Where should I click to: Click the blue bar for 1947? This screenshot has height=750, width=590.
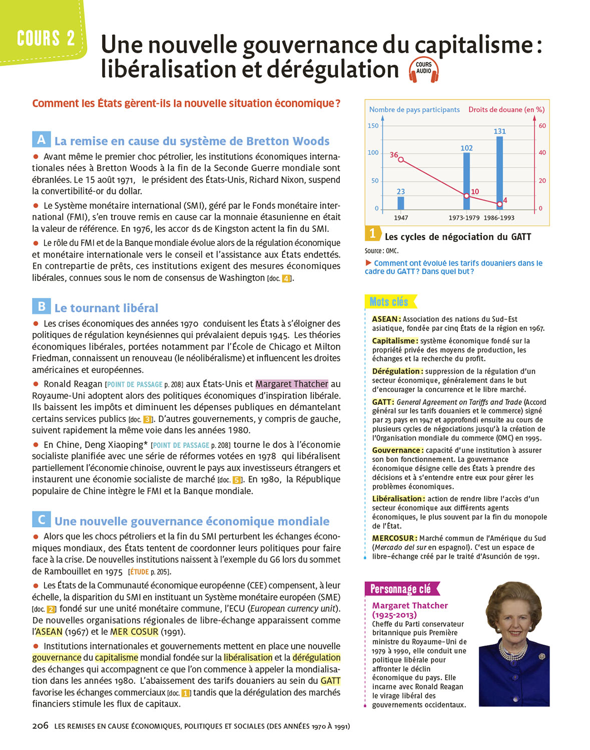(x=401, y=202)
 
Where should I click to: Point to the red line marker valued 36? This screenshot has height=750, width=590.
(x=401, y=159)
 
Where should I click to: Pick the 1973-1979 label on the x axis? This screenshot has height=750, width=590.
(x=464, y=217)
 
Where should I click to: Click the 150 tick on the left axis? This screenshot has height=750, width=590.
(x=373, y=125)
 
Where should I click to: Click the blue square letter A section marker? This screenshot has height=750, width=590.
(x=41, y=139)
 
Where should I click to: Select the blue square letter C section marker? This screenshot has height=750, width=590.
(x=41, y=519)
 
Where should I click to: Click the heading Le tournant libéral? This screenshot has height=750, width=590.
(x=106, y=308)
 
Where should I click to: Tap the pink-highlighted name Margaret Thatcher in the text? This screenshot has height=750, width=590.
(x=292, y=384)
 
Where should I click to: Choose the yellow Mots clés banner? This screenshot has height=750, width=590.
(x=389, y=301)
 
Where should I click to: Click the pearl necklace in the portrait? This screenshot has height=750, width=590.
(x=513, y=650)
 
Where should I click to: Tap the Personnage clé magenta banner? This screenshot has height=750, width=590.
(x=401, y=589)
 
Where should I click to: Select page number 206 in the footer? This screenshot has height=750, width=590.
(x=40, y=725)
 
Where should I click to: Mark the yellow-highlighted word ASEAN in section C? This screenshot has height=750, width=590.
(x=49, y=631)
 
